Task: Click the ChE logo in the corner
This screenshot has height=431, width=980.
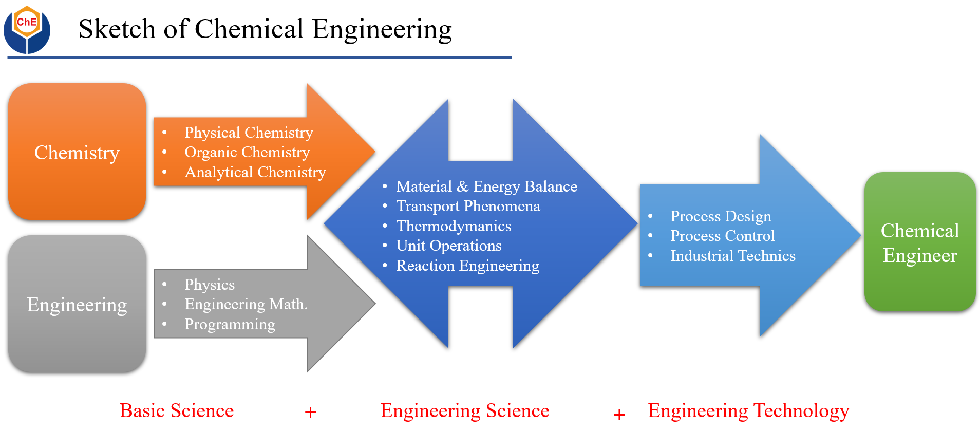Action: pyautogui.click(x=27, y=29)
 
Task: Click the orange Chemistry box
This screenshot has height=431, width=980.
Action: pyautogui.click(x=77, y=152)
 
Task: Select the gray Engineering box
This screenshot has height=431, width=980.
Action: pyautogui.click(x=77, y=304)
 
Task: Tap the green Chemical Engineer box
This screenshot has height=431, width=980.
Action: pyautogui.click(x=919, y=242)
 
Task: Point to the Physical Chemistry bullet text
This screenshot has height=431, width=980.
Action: pyautogui.click(x=249, y=133)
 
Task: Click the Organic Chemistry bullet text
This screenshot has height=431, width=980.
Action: pyautogui.click(x=247, y=152)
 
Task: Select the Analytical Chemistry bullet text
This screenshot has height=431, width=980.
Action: pyautogui.click(x=255, y=172)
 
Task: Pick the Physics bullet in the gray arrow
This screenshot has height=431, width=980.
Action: pyautogui.click(x=210, y=285)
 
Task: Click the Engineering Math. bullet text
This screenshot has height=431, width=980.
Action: pyautogui.click(x=246, y=304)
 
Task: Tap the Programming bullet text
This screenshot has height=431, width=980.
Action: pyautogui.click(x=230, y=324)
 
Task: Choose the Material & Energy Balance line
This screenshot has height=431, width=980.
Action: pyautogui.click(x=486, y=186)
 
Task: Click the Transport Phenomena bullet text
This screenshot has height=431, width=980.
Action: pyautogui.click(x=468, y=206)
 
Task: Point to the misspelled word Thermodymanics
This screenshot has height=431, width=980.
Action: pyautogui.click(x=454, y=226)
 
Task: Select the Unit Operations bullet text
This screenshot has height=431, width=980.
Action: pyautogui.click(x=449, y=246)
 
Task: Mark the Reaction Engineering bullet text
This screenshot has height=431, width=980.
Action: pyautogui.click(x=467, y=266)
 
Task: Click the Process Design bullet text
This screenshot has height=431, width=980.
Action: pyautogui.click(x=721, y=216)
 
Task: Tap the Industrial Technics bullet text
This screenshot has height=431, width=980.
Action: pyautogui.click(x=732, y=256)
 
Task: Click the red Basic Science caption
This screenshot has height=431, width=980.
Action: pyautogui.click(x=177, y=410)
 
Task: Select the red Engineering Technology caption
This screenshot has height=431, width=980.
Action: pyautogui.click(x=748, y=410)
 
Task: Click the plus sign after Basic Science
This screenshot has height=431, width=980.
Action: pyautogui.click(x=310, y=412)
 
